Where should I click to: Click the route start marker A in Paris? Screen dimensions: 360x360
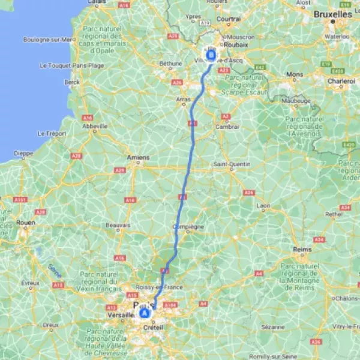pos(145,313)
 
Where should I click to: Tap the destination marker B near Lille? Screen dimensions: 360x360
pos(211,56)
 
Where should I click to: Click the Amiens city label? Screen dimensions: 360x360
pos(138,158)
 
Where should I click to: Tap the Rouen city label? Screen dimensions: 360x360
pos(26,222)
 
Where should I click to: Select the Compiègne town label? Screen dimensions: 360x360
pos(188,227)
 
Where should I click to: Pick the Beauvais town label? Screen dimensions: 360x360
pos(118,226)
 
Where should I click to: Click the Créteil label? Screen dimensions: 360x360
pos(153,328)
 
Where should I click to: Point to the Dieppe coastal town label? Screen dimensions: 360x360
pos(23,153)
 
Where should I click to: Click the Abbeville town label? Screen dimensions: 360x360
pos(94,127)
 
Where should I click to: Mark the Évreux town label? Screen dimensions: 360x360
pos(30,282)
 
